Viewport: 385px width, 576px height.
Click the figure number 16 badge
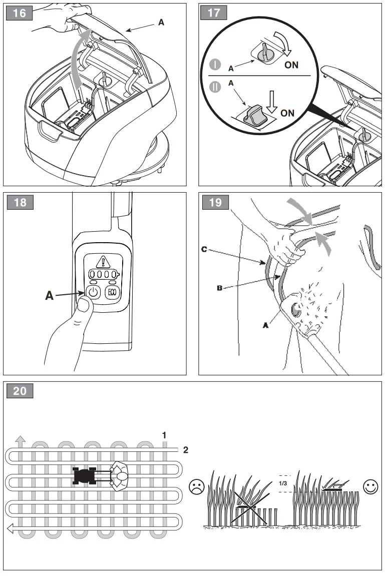[x=20, y=13]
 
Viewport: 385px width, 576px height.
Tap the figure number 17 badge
[x=214, y=13]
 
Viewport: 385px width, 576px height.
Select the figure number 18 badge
[x=20, y=203]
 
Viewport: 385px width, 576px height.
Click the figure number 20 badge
[x=20, y=391]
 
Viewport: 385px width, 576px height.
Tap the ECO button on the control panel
[x=111, y=292]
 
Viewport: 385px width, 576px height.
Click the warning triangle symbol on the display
[x=103, y=261]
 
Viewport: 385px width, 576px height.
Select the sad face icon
[x=196, y=486]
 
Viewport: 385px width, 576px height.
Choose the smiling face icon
[x=370, y=486]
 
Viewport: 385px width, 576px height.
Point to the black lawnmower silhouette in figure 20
[x=84, y=475]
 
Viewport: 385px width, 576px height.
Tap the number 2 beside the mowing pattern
[x=186, y=450]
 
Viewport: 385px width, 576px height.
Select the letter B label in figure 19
[x=219, y=288]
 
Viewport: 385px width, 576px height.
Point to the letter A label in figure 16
[x=161, y=23]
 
